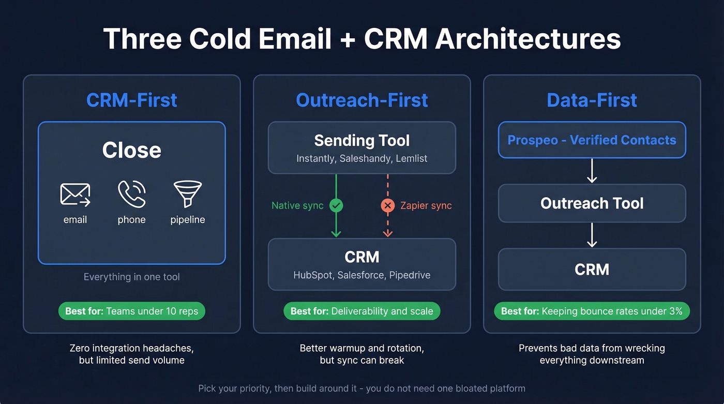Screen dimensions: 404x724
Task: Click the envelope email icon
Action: [x=75, y=194]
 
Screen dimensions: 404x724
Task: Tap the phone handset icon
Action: [x=131, y=194]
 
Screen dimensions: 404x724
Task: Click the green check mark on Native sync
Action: [x=336, y=206]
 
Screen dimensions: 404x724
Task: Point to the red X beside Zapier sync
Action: [x=387, y=206]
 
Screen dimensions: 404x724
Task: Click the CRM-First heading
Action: [x=131, y=100]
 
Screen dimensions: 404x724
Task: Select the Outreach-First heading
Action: [x=361, y=100]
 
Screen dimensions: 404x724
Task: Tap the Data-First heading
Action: [x=592, y=100]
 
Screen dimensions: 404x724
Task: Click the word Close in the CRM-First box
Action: [x=131, y=150]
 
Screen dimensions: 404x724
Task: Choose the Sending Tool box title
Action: [x=361, y=140]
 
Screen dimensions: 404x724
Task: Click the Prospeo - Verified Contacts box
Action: [x=592, y=140]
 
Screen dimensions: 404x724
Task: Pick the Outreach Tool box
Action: [x=592, y=203]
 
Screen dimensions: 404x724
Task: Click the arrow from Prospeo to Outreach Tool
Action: [x=592, y=171]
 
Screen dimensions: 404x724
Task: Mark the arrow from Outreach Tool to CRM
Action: [x=592, y=235]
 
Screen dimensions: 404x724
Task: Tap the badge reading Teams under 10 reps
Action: [x=131, y=311]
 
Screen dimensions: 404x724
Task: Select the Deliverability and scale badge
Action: [x=361, y=311]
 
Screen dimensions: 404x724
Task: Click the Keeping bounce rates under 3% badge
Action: [x=592, y=311]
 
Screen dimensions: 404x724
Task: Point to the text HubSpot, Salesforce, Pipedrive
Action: [x=361, y=275]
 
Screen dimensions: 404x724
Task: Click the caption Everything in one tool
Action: [x=131, y=277]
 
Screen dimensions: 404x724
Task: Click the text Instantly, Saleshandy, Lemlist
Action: [x=361, y=159]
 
